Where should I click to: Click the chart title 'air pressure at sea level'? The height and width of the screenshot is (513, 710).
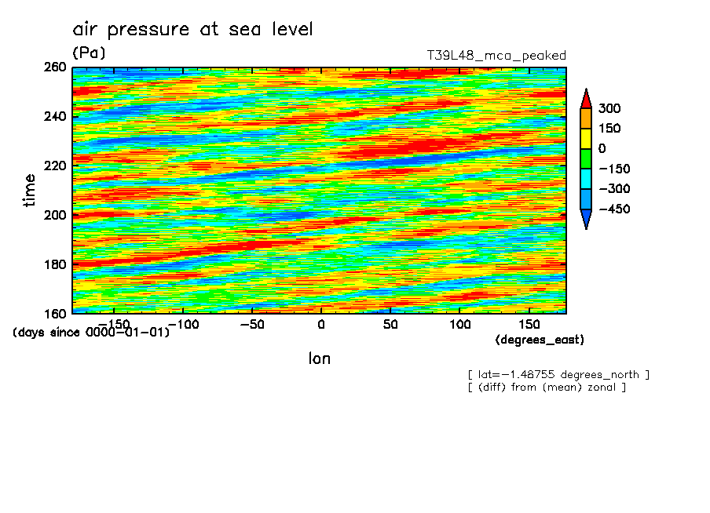[192, 30]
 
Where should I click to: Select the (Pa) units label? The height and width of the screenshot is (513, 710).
[88, 53]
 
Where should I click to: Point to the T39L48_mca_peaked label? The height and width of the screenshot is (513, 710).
[496, 56]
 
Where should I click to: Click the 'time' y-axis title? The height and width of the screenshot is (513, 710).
[30, 190]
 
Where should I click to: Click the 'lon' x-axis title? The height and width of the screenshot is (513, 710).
[320, 358]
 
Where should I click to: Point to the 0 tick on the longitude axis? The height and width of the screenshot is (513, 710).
[320, 323]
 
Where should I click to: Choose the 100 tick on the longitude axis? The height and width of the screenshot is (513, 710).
[459, 323]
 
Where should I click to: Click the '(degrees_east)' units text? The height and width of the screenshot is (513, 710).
[540, 340]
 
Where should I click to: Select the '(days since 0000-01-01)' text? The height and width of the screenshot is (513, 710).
[91, 332]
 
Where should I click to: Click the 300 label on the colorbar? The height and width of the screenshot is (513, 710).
[609, 108]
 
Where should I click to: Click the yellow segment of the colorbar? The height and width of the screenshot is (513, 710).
[585, 138]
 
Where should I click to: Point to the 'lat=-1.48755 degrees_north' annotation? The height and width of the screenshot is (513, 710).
[558, 374]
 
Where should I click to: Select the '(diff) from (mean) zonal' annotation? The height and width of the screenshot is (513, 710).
[547, 387]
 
